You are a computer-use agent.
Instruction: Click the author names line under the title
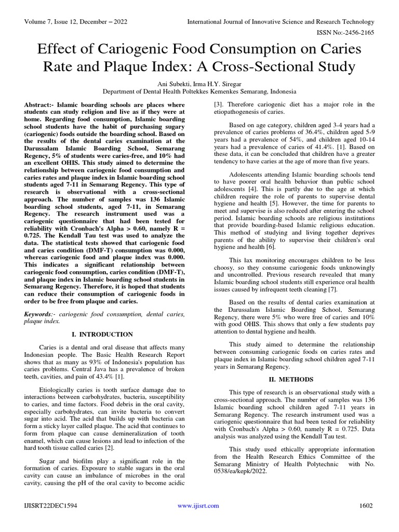tap(199, 84)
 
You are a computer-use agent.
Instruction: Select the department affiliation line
tap(199, 91)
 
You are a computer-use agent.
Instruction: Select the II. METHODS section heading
tap(294, 380)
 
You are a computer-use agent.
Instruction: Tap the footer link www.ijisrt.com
tap(198, 506)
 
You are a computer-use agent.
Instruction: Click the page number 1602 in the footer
tap(366, 506)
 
